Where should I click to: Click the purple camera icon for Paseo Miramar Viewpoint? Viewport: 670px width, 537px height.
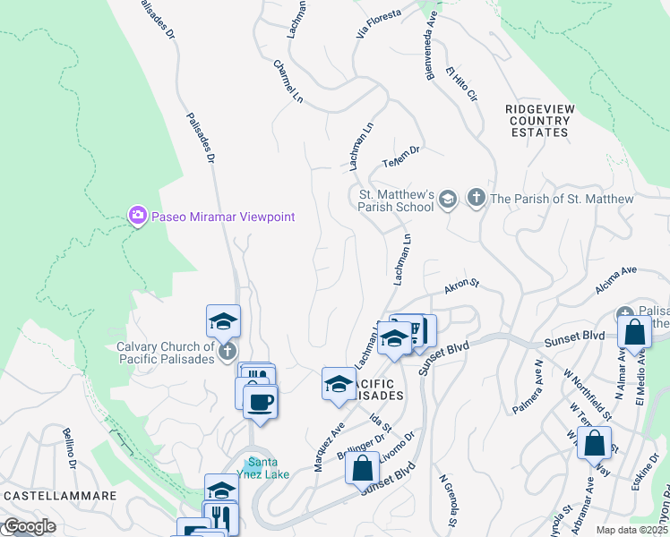(x=137, y=216)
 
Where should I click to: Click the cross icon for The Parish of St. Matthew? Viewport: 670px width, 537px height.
(x=476, y=198)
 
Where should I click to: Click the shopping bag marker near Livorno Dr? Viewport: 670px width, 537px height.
(x=362, y=468)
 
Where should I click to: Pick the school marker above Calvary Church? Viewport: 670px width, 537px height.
(x=224, y=321)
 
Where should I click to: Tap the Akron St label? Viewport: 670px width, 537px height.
(x=462, y=286)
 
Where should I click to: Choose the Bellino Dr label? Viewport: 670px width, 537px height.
(x=72, y=448)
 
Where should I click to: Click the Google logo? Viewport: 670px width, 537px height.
(x=29, y=527)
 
